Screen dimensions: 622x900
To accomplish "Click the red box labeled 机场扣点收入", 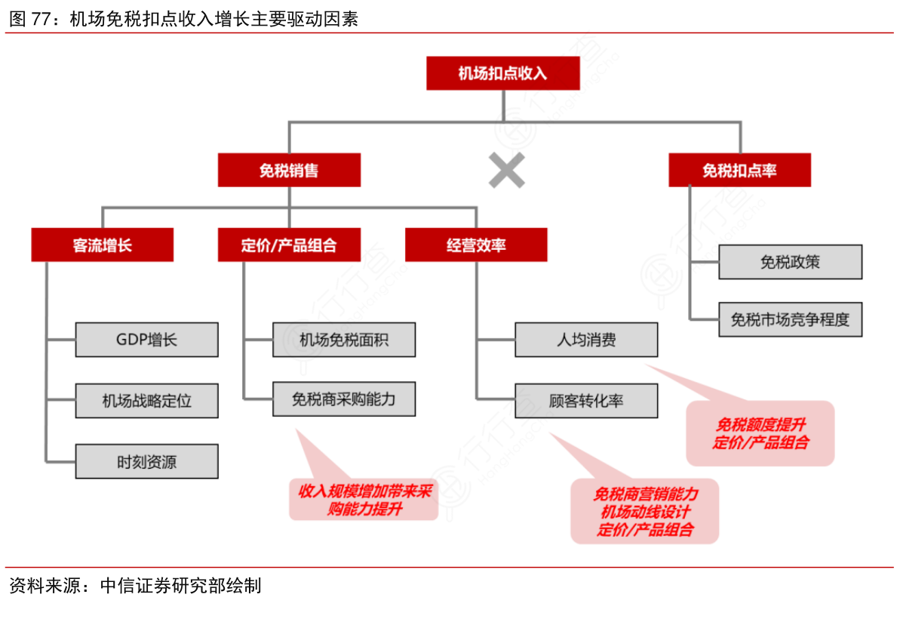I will coord(502,73).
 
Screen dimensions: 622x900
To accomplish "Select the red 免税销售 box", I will coord(289,171).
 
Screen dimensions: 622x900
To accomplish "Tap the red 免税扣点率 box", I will coord(739,171).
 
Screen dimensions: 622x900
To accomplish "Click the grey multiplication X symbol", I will coord(506,170).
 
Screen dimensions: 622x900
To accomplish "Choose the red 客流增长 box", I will coord(102,245).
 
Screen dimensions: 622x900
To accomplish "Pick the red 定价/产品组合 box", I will coord(289,245).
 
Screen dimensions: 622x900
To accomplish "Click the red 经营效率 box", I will coord(476,245).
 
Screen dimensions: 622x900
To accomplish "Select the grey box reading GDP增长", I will coord(146,340).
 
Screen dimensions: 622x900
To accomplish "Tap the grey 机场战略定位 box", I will coord(146,400).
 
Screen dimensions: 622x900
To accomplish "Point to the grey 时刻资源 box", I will coord(146,461).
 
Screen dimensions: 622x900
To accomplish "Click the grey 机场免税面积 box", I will coord(343,340).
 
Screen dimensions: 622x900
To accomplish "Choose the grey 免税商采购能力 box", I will coord(343,399).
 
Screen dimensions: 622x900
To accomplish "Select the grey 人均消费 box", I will coord(586,340).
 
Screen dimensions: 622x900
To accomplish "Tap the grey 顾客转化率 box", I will coord(586,401).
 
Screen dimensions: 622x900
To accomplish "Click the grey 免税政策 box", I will coord(790,262).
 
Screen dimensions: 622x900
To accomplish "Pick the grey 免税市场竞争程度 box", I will coord(790,319).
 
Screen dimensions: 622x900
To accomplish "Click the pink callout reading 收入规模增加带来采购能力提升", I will coord(364,500).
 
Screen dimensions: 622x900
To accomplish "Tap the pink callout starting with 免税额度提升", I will coord(760,433).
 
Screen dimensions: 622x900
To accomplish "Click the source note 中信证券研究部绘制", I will coord(181,586).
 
